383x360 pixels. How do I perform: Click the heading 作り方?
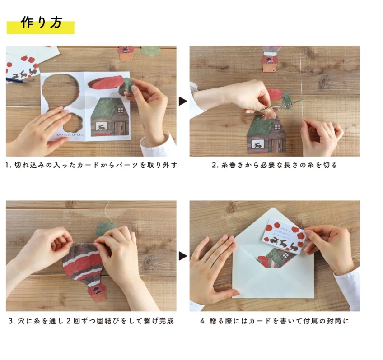[x=41, y=24]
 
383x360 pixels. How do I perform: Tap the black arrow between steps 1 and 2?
[x=182, y=101]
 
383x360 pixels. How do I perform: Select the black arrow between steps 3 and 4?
[x=182, y=256]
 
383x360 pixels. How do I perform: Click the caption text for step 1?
[x=91, y=165]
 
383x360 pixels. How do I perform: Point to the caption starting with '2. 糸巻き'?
[x=275, y=165]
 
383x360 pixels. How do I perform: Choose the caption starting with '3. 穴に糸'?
[x=91, y=321]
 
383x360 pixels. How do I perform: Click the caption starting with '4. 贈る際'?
[x=275, y=321]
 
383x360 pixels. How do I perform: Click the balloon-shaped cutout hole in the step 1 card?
[x=60, y=90]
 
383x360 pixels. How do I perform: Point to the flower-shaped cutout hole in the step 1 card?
[x=72, y=122]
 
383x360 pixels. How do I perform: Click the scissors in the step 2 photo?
[x=271, y=106]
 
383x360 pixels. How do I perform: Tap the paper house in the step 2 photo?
[x=266, y=135]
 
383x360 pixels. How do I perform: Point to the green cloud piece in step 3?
[x=106, y=229]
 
